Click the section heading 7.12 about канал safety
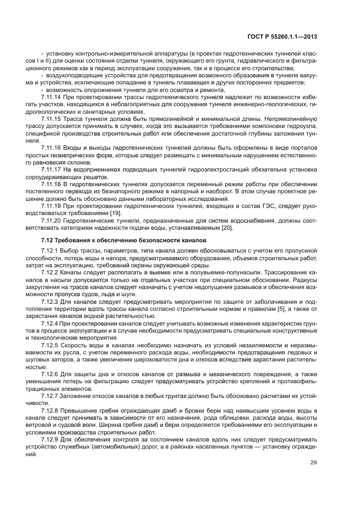click(x=124, y=240)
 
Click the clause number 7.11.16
click(x=51, y=147)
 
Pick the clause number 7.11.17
click(x=51, y=169)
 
